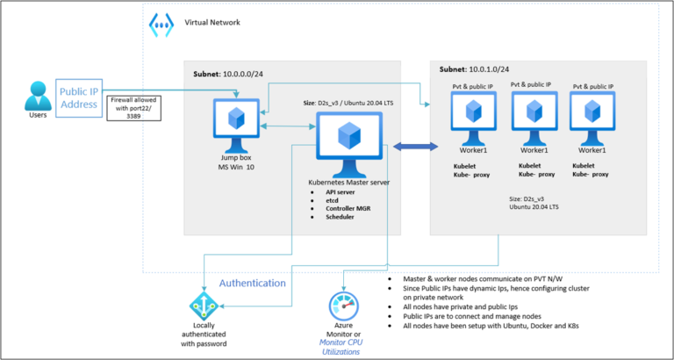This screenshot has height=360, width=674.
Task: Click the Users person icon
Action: [x=36, y=97]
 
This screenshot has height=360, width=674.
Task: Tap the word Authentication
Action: [x=252, y=284]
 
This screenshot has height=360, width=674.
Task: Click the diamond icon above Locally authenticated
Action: [x=201, y=306]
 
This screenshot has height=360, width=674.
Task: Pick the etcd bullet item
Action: [x=333, y=199]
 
